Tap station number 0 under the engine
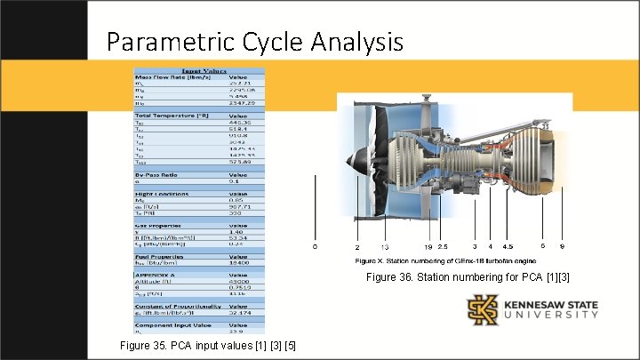(314, 245)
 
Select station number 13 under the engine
(385, 245)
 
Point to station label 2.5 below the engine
(443, 245)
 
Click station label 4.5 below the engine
(508, 245)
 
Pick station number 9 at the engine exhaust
(562, 245)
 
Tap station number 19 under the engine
(427, 245)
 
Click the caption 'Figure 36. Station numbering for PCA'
(468, 278)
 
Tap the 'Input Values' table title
(204, 70)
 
